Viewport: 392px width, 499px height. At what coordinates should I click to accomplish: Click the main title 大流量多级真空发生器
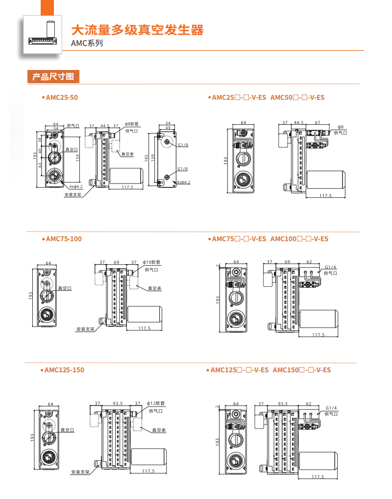coord(137,30)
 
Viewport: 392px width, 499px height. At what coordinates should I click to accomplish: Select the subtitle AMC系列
coord(87,44)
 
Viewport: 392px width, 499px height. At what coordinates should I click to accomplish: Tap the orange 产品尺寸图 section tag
coord(52,77)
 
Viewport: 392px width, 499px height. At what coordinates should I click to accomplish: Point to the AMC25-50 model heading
coord(62,97)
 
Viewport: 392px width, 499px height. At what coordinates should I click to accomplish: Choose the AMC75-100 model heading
coord(64,239)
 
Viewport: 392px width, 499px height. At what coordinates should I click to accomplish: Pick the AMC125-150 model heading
coord(64,370)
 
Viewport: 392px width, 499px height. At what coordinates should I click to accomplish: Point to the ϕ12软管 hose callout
coord(156,404)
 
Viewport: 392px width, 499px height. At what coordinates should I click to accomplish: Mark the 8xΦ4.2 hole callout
coord(183,182)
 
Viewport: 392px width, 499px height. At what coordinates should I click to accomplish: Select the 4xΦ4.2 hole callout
coord(76,186)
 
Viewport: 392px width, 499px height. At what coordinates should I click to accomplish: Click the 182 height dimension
coord(147,158)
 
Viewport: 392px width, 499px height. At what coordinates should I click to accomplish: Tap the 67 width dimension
coord(318,123)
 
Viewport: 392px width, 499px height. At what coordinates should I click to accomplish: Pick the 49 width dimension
coord(167,128)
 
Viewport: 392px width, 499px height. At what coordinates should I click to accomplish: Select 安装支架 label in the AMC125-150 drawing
coord(80,472)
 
